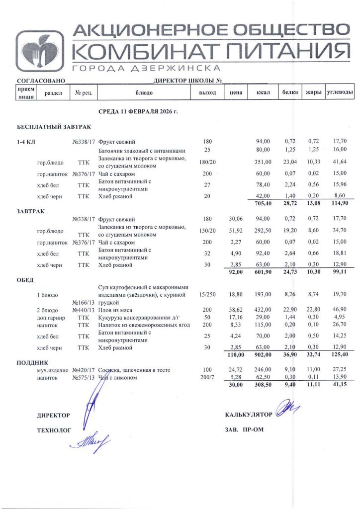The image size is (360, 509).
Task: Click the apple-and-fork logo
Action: pyautogui.click(x=39, y=51)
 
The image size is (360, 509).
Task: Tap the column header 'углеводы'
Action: pyautogui.click(x=340, y=93)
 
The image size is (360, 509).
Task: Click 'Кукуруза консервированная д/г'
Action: pyautogui.click(x=138, y=317)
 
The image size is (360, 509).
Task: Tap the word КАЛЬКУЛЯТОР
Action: pyautogui.click(x=249, y=414)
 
